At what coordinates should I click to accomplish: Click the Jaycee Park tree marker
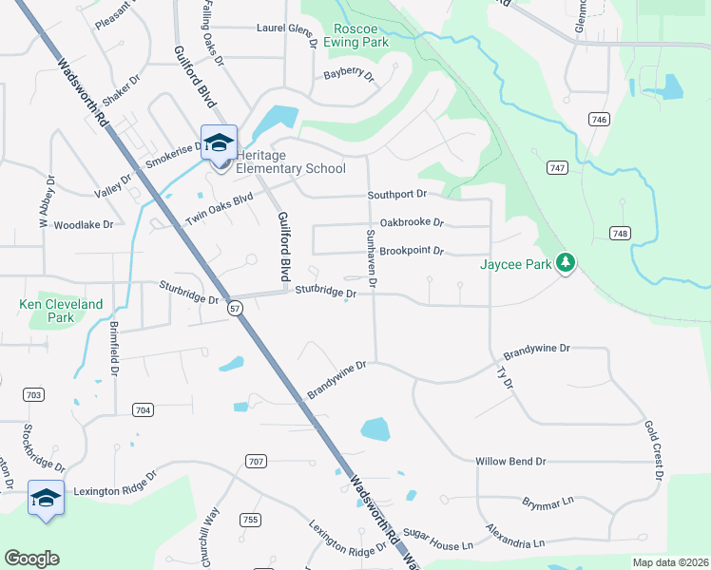click(567, 262)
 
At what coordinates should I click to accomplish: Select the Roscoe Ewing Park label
click(356, 35)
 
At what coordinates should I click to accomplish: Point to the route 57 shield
click(236, 308)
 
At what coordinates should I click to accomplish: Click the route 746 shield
click(598, 119)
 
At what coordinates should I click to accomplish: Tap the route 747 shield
click(558, 167)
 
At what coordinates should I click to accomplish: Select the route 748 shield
click(621, 233)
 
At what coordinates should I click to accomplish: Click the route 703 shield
click(33, 394)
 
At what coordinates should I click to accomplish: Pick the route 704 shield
click(143, 409)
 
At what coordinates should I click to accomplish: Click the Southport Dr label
click(397, 195)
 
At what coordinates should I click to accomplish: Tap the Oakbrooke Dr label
click(412, 223)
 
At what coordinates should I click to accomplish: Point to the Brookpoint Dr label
click(412, 252)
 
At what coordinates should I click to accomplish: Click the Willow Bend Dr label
click(510, 462)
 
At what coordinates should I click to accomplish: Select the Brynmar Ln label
click(548, 500)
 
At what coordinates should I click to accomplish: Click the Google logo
click(31, 559)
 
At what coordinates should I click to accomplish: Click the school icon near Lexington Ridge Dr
click(46, 497)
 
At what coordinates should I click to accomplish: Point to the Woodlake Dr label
click(84, 225)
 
